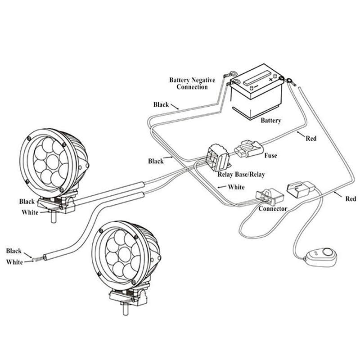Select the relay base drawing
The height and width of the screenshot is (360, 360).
[218, 157]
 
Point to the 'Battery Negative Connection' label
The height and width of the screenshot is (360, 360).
[192, 83]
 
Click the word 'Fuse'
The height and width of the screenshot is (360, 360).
[270, 156]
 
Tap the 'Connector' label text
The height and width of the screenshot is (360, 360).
[273, 209]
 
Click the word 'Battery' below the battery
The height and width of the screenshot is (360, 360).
[271, 121]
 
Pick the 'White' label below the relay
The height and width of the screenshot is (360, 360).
[236, 187]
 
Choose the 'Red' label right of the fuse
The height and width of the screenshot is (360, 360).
[310, 139]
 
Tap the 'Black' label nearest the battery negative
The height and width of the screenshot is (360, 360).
[161, 104]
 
